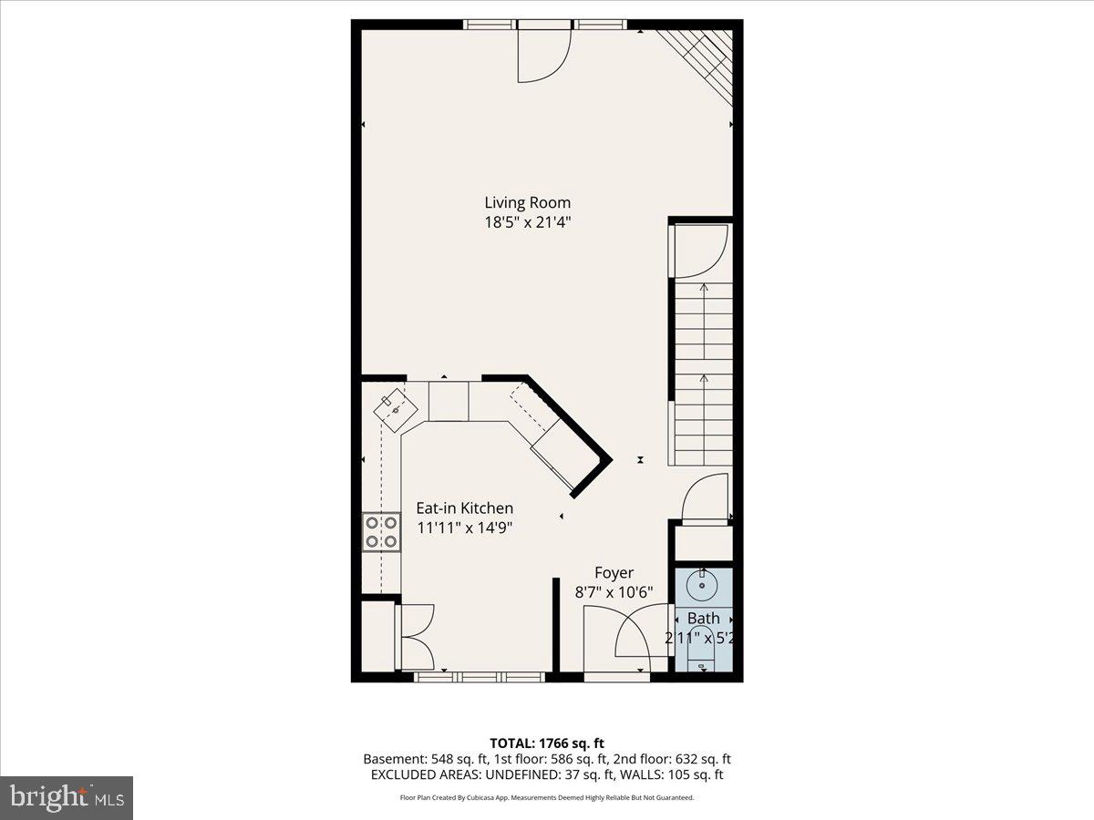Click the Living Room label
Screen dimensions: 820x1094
click(x=527, y=202)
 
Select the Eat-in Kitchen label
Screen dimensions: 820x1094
click(x=464, y=508)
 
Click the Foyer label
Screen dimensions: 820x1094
click(x=614, y=573)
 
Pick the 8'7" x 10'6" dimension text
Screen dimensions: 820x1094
click(x=614, y=591)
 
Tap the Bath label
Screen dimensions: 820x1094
click(x=703, y=619)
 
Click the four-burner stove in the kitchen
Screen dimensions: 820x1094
click(x=382, y=532)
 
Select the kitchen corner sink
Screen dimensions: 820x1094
click(x=397, y=411)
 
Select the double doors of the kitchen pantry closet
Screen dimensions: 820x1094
click(x=416, y=636)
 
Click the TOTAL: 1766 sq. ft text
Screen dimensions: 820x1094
click(x=546, y=743)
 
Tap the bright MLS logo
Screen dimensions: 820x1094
click(x=67, y=798)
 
